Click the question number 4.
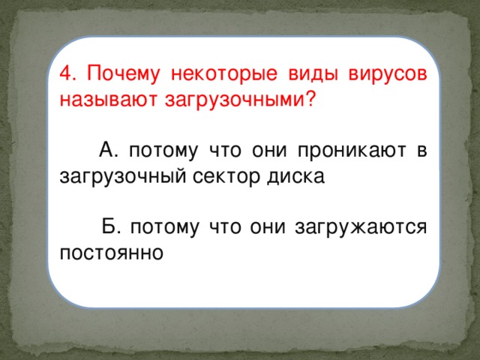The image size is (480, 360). pos(65,75)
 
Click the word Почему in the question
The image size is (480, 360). pos(118,75)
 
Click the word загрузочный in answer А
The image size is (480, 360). pos(121,177)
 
